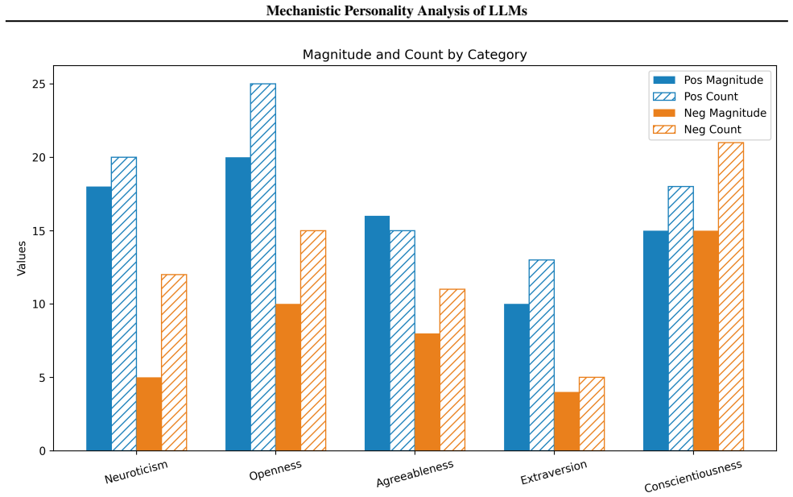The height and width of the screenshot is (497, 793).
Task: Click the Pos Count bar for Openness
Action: click(x=263, y=267)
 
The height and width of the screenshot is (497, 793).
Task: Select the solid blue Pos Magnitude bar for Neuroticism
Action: click(x=98, y=319)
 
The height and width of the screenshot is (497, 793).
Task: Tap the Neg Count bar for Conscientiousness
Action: click(x=731, y=296)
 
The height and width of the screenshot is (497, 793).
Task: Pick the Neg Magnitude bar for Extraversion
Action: click(x=567, y=421)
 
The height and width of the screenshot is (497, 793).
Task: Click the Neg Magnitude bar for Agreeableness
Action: click(x=427, y=392)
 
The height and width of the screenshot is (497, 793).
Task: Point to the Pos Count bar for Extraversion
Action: click(x=542, y=355)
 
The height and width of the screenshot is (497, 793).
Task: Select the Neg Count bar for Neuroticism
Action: click(x=174, y=362)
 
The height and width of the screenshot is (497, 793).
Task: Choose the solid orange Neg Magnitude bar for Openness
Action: click(x=288, y=378)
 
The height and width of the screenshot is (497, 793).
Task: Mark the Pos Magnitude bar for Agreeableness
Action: click(x=378, y=333)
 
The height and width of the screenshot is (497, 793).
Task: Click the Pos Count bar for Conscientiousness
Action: click(x=681, y=319)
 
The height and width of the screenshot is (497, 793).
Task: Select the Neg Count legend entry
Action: click(x=697, y=130)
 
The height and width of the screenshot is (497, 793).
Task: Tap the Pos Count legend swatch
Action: click(x=664, y=97)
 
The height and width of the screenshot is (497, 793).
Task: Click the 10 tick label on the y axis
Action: click(x=38, y=304)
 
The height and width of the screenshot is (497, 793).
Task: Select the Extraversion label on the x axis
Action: click(x=554, y=472)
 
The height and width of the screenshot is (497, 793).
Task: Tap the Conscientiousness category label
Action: click(x=693, y=476)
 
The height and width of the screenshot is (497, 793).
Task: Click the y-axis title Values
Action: click(x=21, y=258)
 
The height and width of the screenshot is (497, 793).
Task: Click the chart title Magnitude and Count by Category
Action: click(x=415, y=55)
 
